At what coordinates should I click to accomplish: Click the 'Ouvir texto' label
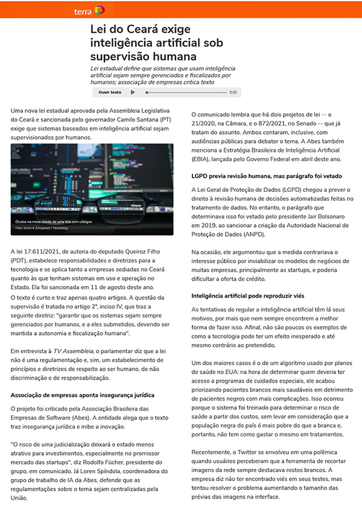tap(109, 92)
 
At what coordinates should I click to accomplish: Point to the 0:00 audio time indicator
tap(233, 92)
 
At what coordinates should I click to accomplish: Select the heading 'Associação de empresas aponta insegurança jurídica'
tap(83, 395)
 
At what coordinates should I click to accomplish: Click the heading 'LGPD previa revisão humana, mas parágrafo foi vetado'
tap(267, 177)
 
